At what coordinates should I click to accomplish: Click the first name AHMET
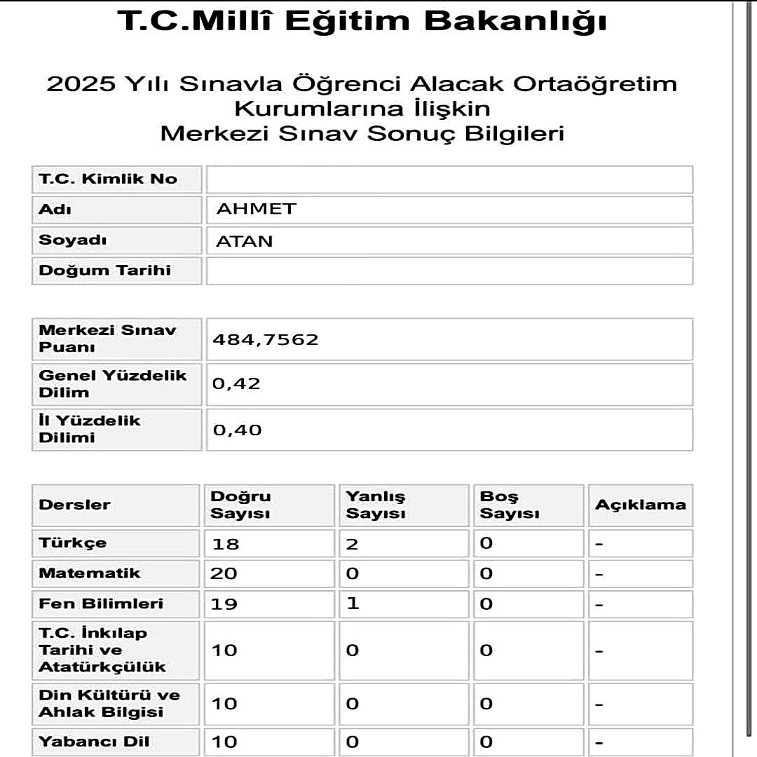pyautogui.click(x=257, y=209)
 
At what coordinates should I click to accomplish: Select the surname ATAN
pyautogui.click(x=245, y=241)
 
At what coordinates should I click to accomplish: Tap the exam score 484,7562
pyautogui.click(x=266, y=340)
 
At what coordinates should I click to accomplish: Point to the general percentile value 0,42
pyautogui.click(x=236, y=383)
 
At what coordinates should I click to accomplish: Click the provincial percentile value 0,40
pyautogui.click(x=237, y=429)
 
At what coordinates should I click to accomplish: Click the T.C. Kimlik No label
pyautogui.click(x=108, y=179)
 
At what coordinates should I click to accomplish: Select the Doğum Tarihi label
pyautogui.click(x=104, y=271)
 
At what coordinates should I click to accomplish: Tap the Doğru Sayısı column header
pyautogui.click(x=241, y=505)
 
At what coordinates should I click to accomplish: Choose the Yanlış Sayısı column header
pyautogui.click(x=376, y=505)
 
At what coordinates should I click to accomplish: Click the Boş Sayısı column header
pyautogui.click(x=510, y=505)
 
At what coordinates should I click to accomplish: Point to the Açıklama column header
pyautogui.click(x=640, y=505)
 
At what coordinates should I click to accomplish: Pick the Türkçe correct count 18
pyautogui.click(x=224, y=544)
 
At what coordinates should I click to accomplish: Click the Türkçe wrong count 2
pyautogui.click(x=352, y=544)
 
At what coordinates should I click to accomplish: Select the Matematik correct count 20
pyautogui.click(x=224, y=574)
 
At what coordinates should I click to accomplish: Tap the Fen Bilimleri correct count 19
pyautogui.click(x=224, y=604)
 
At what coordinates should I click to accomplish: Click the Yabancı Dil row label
pyautogui.click(x=94, y=742)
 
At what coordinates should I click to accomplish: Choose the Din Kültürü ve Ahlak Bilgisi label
pyautogui.click(x=109, y=704)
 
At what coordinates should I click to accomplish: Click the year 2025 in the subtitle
pyautogui.click(x=81, y=85)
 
